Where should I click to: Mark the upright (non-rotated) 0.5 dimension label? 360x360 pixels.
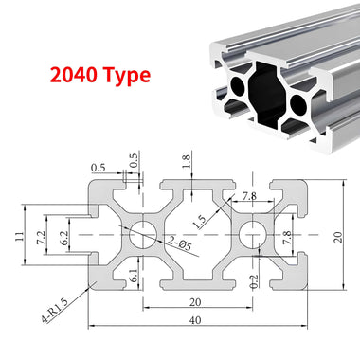(x=98, y=169)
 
